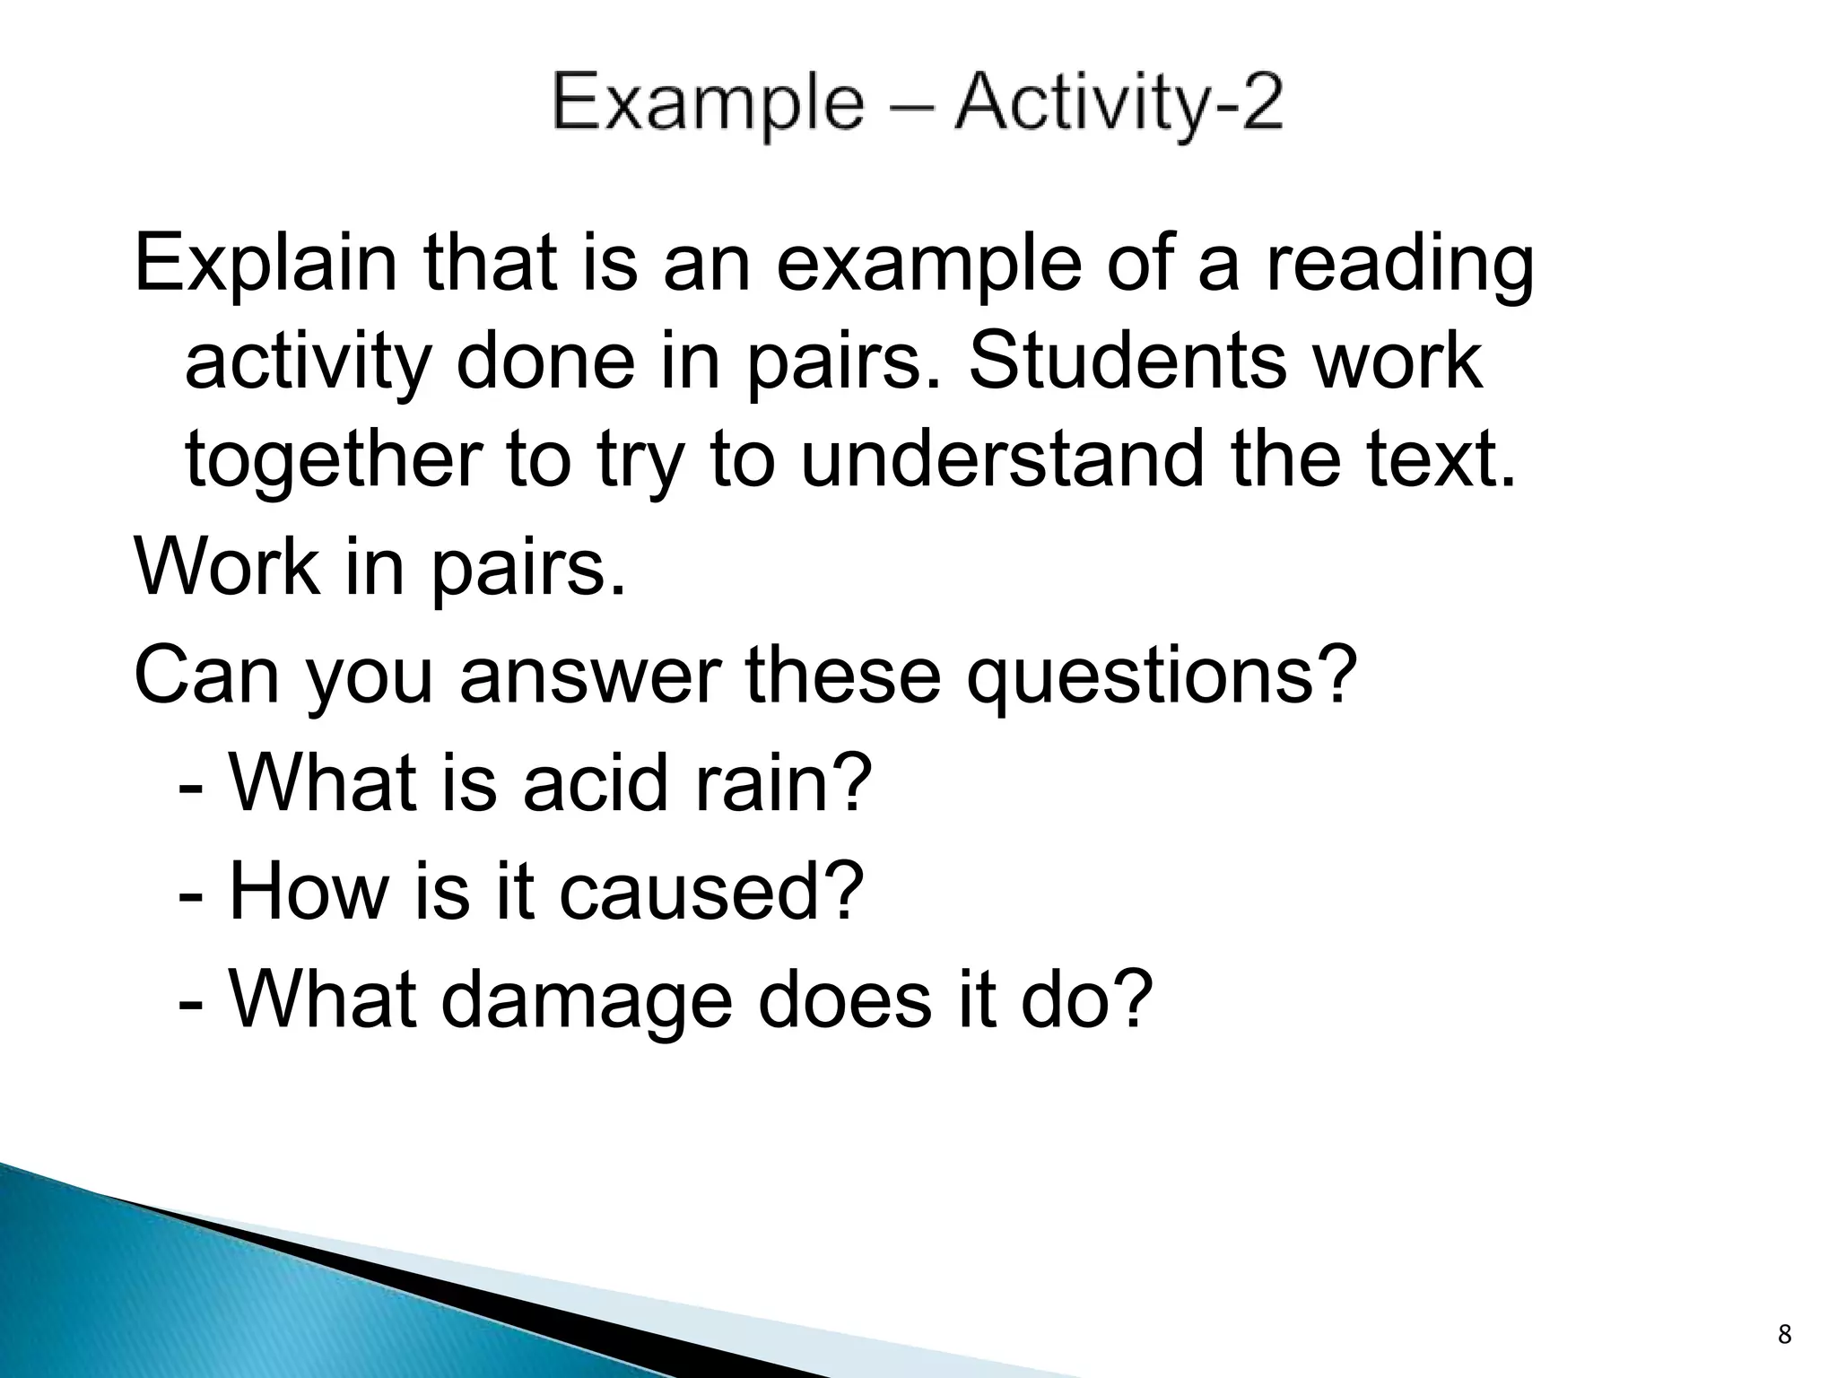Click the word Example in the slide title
709,104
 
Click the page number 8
1784,1335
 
